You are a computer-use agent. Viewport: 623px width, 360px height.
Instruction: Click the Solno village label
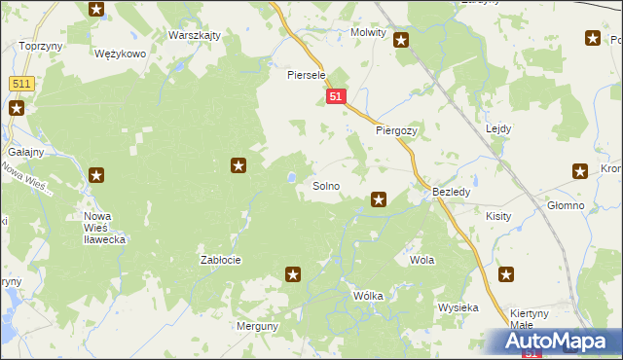click(325, 185)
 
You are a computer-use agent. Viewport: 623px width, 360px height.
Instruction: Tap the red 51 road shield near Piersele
click(336, 97)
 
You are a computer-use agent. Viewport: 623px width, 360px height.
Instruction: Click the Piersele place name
click(305, 75)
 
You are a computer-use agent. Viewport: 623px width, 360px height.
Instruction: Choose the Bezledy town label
click(452, 193)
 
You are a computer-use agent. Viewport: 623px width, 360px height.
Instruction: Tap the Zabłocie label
click(220, 260)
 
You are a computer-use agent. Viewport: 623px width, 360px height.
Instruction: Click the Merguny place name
click(258, 326)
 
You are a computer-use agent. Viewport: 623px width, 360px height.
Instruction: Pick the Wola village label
click(421, 261)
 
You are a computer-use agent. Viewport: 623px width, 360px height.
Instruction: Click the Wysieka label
click(458, 307)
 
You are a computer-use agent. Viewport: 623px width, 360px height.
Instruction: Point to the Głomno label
click(566, 206)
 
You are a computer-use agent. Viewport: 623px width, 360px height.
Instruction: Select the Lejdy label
click(498, 128)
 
